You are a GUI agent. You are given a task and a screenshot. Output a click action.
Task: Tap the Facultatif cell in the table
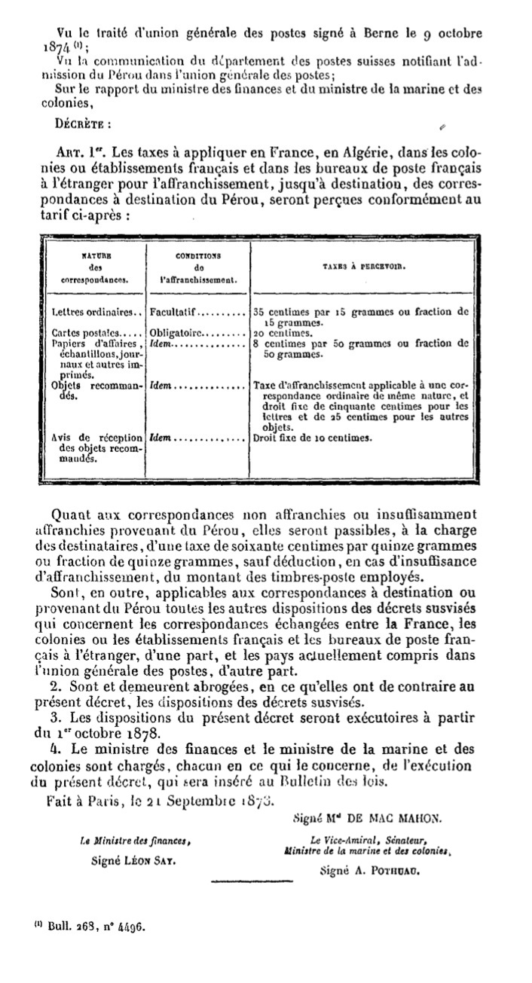click(174, 310)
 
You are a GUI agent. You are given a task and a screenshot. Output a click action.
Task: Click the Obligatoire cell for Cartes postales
click(178, 332)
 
